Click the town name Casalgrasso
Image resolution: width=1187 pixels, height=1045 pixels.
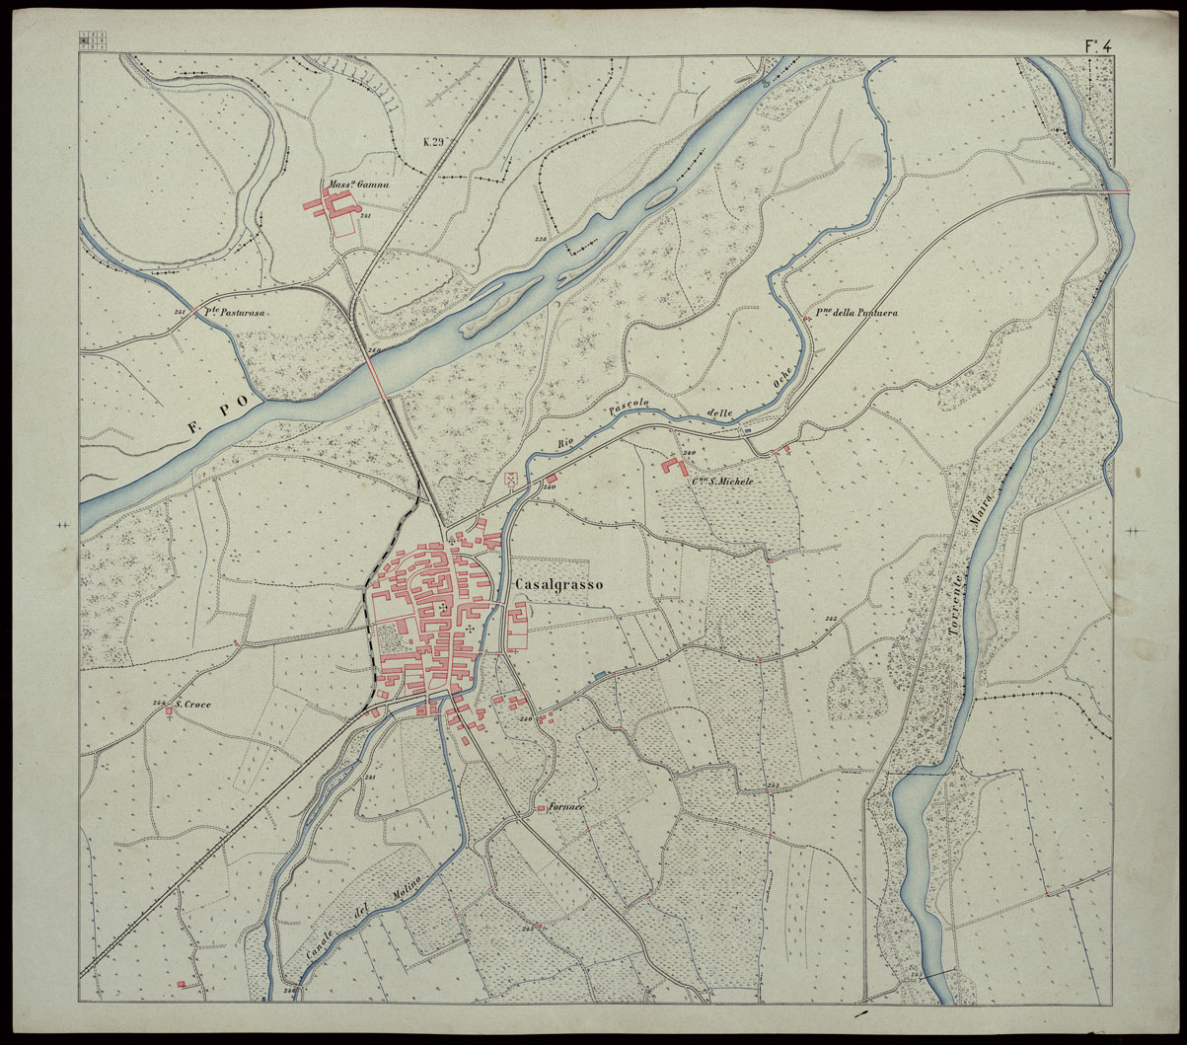[x=558, y=584]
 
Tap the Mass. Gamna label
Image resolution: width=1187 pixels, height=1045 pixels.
[x=359, y=184]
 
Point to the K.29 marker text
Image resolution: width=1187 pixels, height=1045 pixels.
[x=435, y=142]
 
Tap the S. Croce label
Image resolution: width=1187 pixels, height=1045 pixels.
[x=192, y=706]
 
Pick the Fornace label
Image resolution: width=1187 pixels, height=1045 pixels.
[x=568, y=808]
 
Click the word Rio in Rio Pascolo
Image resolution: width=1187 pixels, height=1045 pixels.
[x=567, y=442]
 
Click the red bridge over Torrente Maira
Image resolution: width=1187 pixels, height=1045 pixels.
[x=1118, y=194]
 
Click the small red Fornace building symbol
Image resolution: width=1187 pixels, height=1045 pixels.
[x=542, y=810]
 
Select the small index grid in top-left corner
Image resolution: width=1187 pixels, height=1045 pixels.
[x=95, y=39]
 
